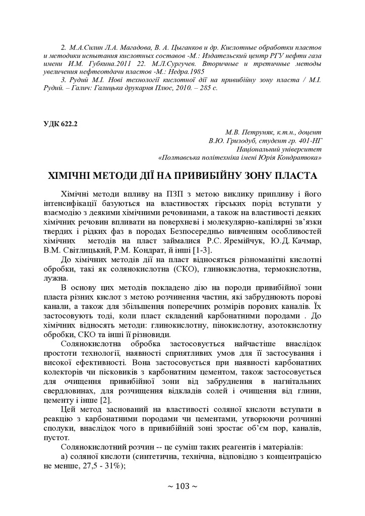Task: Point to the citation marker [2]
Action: coord(105,400)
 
